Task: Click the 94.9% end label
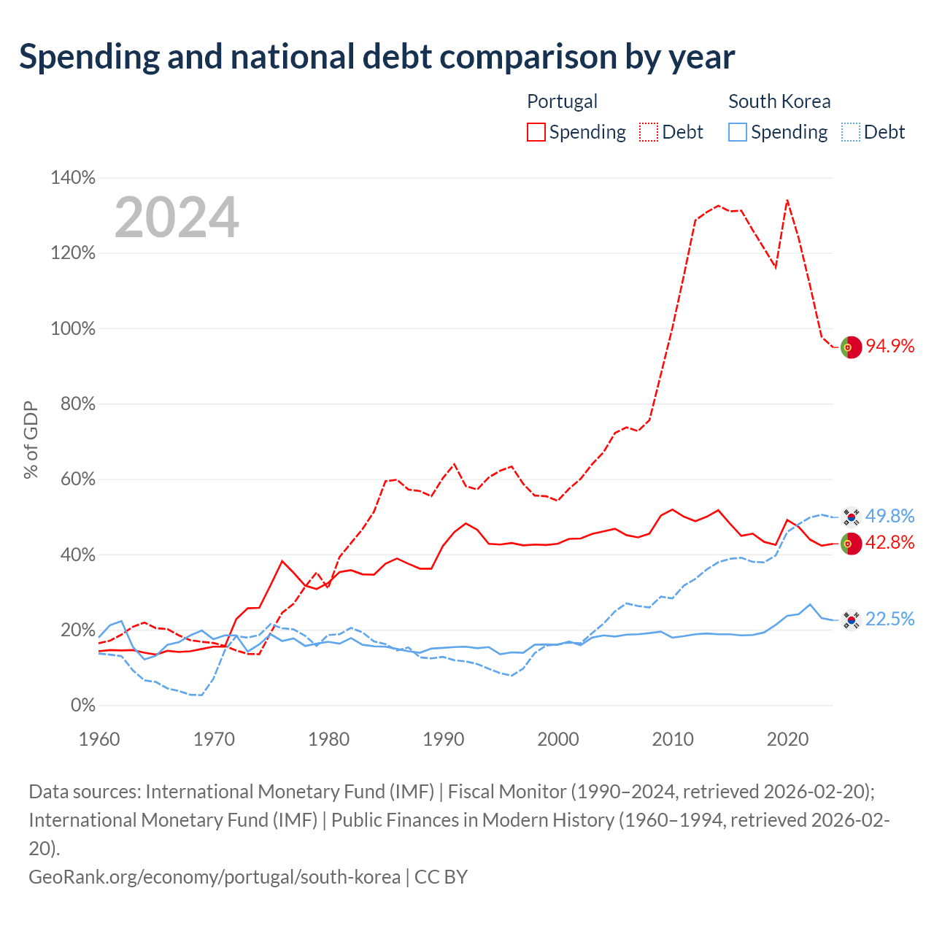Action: pos(890,346)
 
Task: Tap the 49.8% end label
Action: pos(890,516)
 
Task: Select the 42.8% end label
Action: pos(890,542)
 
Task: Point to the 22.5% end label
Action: pos(890,619)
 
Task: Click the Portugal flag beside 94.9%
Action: pos(851,347)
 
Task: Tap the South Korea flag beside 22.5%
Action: pos(851,620)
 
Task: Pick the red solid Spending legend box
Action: pos(536,132)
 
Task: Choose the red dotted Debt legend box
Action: pos(649,132)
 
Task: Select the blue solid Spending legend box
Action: pos(737,132)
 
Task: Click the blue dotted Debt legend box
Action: pos(850,132)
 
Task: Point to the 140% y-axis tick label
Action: pos(73,178)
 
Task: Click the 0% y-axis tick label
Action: pos(83,705)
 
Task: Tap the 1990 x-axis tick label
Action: pos(444,739)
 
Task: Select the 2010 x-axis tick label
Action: pos(673,739)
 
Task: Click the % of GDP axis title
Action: pos(31,440)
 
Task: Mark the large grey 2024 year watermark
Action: pos(177,217)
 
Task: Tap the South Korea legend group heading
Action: pos(779,101)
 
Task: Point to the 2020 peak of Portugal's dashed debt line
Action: pos(787,200)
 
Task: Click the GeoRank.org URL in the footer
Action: pos(215,877)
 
